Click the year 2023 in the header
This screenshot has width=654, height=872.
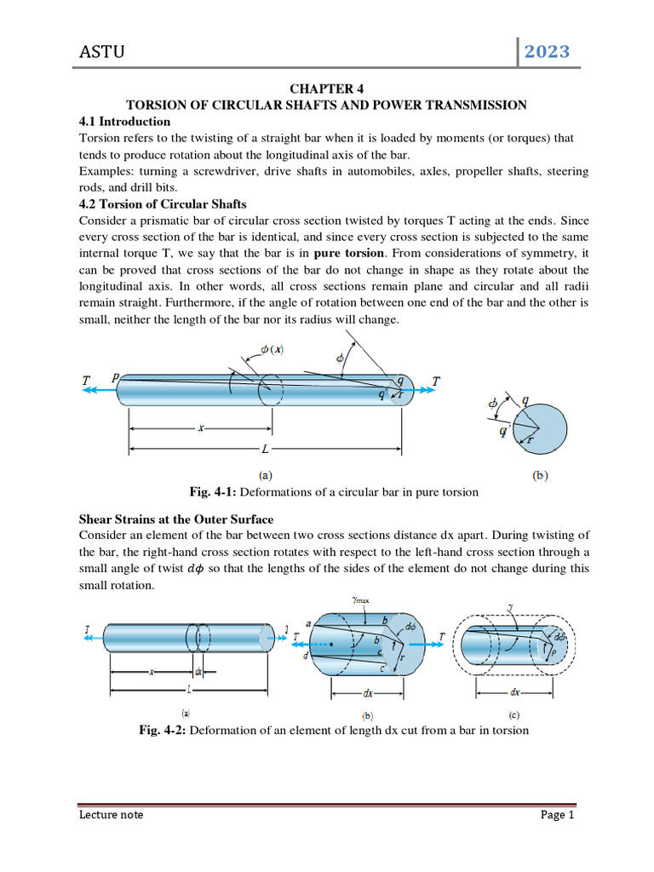[x=547, y=53]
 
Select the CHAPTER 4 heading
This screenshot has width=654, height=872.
[x=327, y=89]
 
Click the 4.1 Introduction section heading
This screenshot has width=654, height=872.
[x=125, y=122]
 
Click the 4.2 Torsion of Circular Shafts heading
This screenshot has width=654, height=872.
[x=163, y=204]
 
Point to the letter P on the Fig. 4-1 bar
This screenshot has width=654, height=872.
[x=114, y=377]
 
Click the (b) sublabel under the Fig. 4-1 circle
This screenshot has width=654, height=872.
[x=540, y=477]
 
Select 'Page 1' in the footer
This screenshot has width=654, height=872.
[x=558, y=815]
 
